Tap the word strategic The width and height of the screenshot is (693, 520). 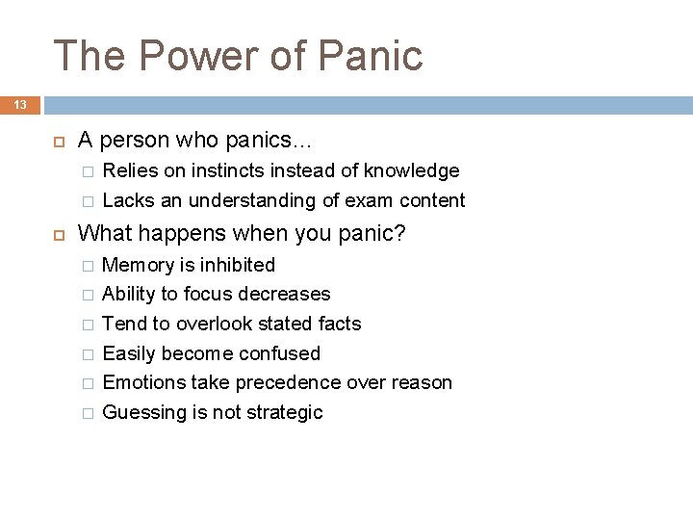click(286, 412)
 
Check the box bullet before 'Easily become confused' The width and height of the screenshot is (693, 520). click(88, 353)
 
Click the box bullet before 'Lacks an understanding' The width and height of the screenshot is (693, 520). click(88, 200)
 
